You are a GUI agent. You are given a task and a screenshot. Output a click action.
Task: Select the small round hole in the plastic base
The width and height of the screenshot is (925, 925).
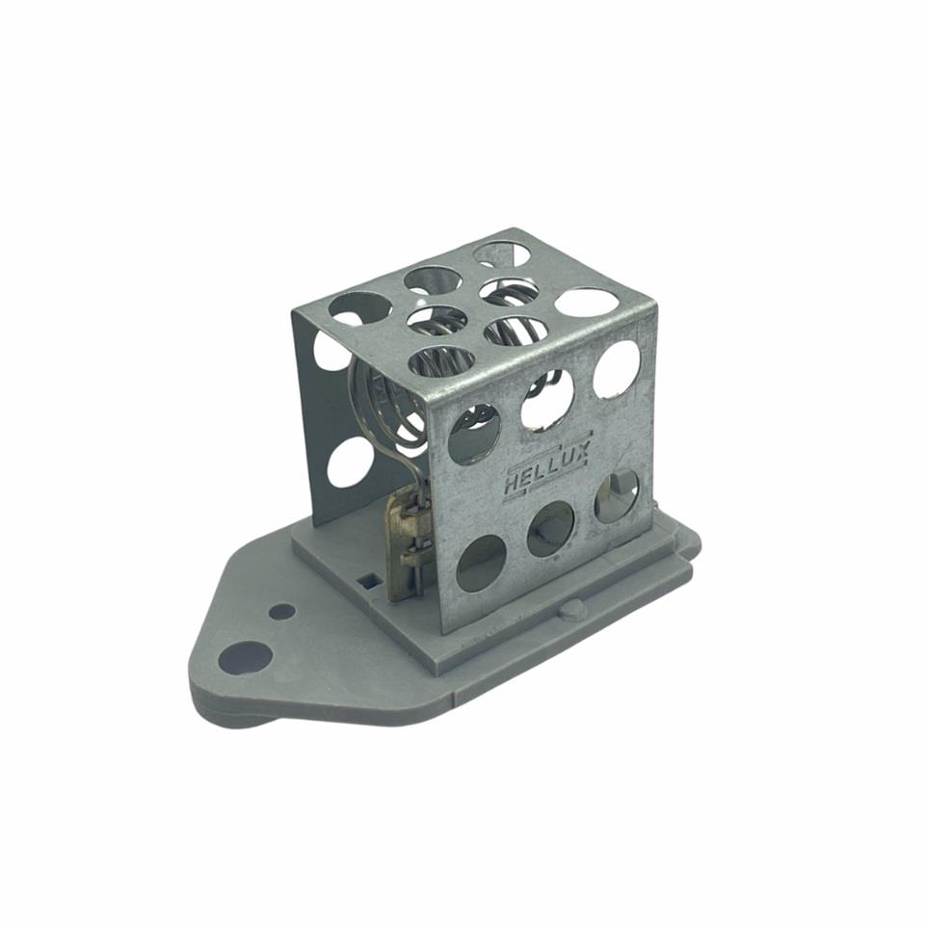[281, 611]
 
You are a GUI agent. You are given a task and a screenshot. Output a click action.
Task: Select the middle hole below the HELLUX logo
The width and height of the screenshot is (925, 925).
[550, 529]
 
